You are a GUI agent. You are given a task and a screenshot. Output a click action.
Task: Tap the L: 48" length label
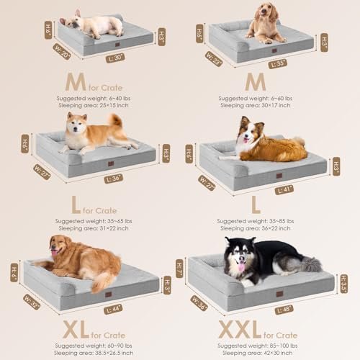coord(284,310)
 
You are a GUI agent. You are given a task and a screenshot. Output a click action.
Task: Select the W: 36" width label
coord(199,304)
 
